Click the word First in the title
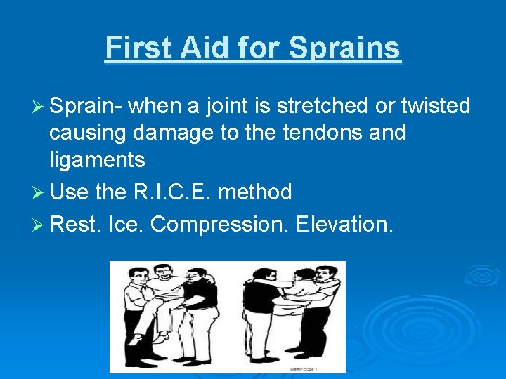137,48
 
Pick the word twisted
435,106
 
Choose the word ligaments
97,160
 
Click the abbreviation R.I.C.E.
181,192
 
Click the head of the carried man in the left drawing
163,272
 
